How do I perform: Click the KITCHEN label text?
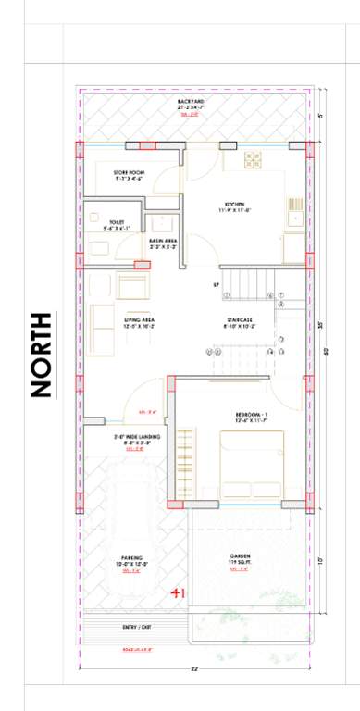(x=235, y=206)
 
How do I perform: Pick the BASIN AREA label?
(x=163, y=242)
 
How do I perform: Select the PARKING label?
(x=130, y=560)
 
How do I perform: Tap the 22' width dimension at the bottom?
(x=194, y=667)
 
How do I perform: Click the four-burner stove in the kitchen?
(x=254, y=159)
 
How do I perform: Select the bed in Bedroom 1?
(x=251, y=468)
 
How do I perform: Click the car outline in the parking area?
(x=131, y=505)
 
